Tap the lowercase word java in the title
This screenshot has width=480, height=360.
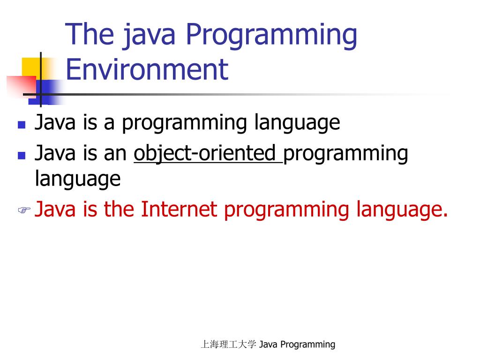tap(145, 36)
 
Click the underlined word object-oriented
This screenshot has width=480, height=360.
tap(207, 153)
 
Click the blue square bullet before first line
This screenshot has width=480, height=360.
tap(21, 125)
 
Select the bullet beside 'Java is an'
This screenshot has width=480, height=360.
tap(21, 155)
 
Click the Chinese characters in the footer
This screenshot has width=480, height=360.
tap(228, 345)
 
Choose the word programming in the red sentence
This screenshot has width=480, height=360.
tap(287, 210)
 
